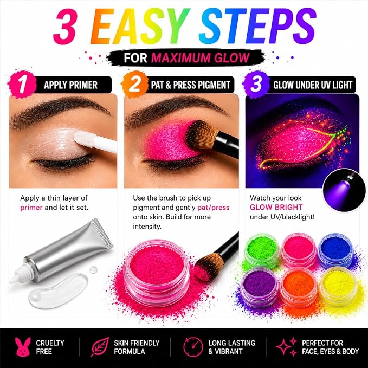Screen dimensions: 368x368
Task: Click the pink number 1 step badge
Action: [22, 84]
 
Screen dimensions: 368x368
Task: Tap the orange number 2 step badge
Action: [134, 84]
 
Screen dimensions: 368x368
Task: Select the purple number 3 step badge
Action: [256, 84]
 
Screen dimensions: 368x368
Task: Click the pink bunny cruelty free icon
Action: [23, 347]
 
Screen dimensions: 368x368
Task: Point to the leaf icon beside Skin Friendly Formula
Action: [100, 347]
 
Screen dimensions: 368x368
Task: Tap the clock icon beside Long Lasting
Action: [193, 347]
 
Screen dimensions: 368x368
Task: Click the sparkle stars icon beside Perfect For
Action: [287, 347]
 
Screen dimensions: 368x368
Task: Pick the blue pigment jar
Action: [335, 250]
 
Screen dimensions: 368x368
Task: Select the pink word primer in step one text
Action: [31, 208]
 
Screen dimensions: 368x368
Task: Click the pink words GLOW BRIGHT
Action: [276, 207]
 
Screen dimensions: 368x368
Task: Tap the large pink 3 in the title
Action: [65, 26]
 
